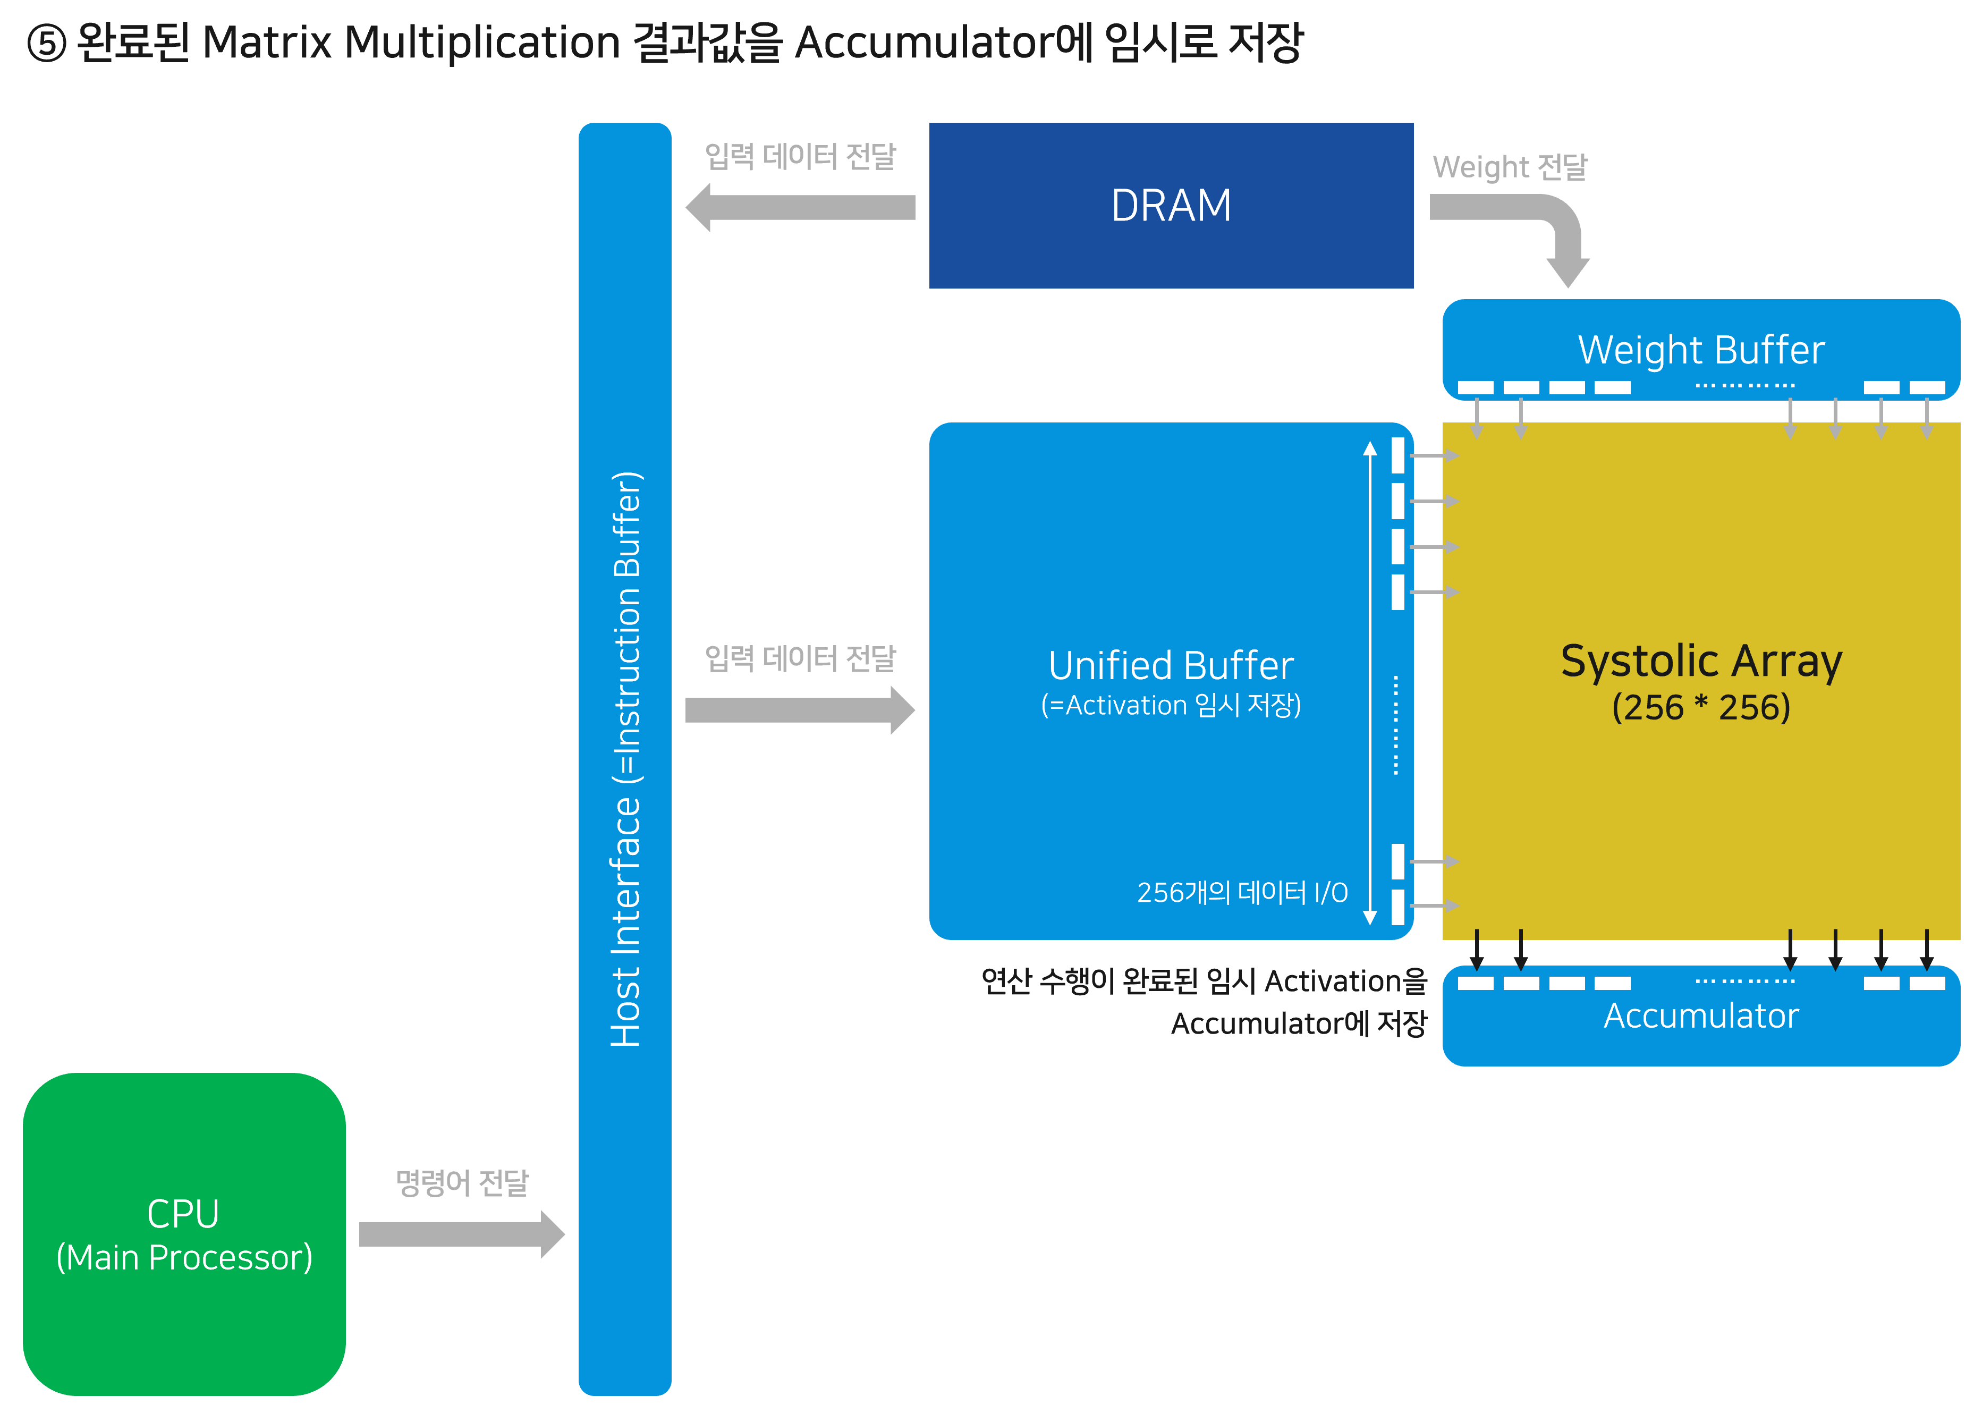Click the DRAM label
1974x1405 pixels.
tap(1171, 206)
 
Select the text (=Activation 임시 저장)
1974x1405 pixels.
tap(1171, 705)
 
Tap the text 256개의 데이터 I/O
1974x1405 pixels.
tap(1241, 892)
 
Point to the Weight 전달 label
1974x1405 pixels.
tap(1510, 166)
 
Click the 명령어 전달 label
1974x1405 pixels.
tap(461, 1183)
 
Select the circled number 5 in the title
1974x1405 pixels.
tap(47, 43)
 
